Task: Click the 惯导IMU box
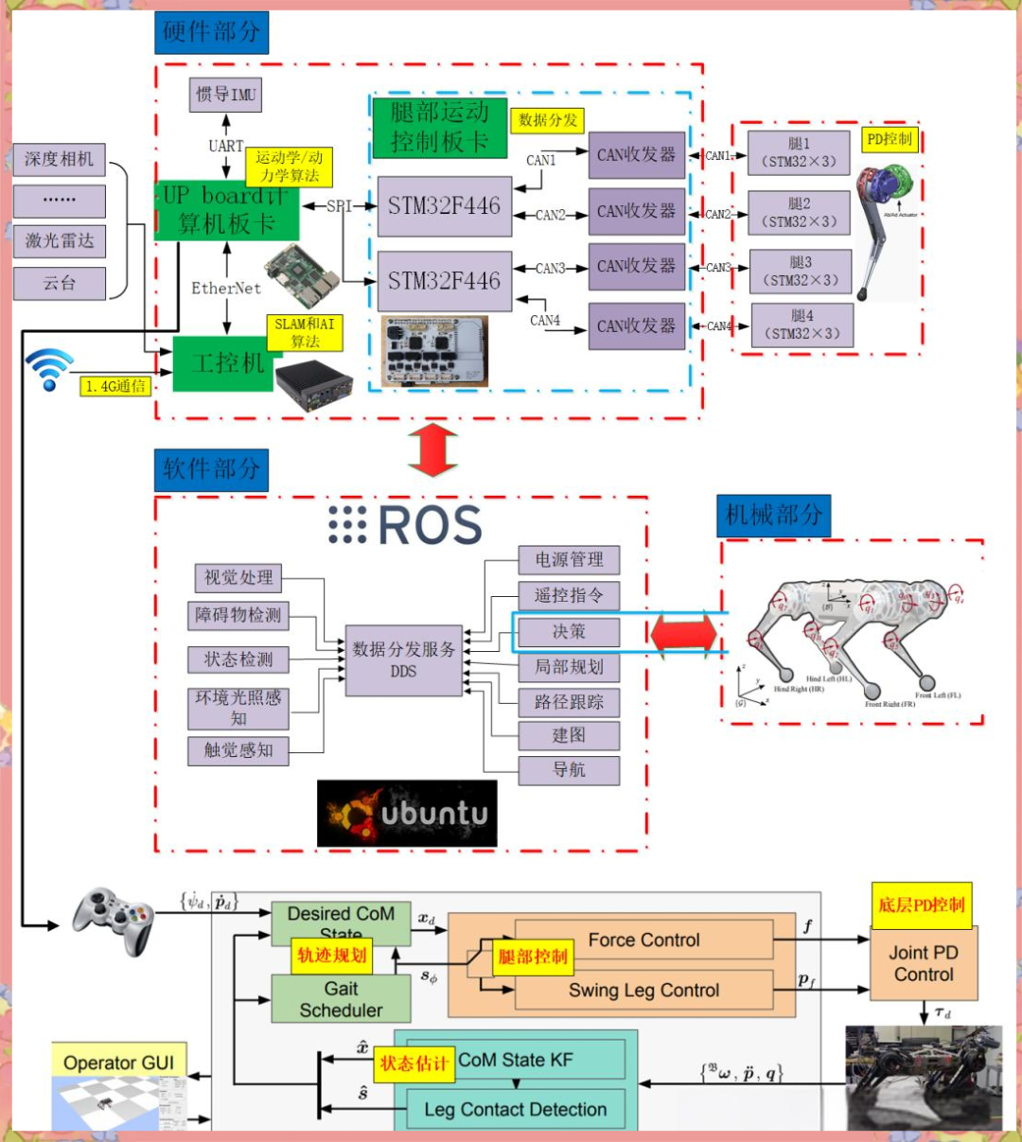[225, 95]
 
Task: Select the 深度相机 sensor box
[59, 159]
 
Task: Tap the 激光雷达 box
[59, 240]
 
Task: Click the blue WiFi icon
[48, 368]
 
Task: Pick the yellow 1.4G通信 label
[115, 386]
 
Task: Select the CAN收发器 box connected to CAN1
[636, 155]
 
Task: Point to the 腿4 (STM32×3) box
[802, 325]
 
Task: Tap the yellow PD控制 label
[890, 139]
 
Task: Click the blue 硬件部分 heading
[211, 32]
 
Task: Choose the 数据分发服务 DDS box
[403, 659]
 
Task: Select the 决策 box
[569, 631]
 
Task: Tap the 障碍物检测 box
[238, 615]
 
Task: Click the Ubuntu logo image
[407, 813]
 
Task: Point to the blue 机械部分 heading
[773, 515]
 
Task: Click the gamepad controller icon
[115, 919]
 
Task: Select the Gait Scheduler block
[341, 999]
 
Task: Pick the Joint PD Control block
[924, 963]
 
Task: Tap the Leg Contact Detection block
[516, 1109]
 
